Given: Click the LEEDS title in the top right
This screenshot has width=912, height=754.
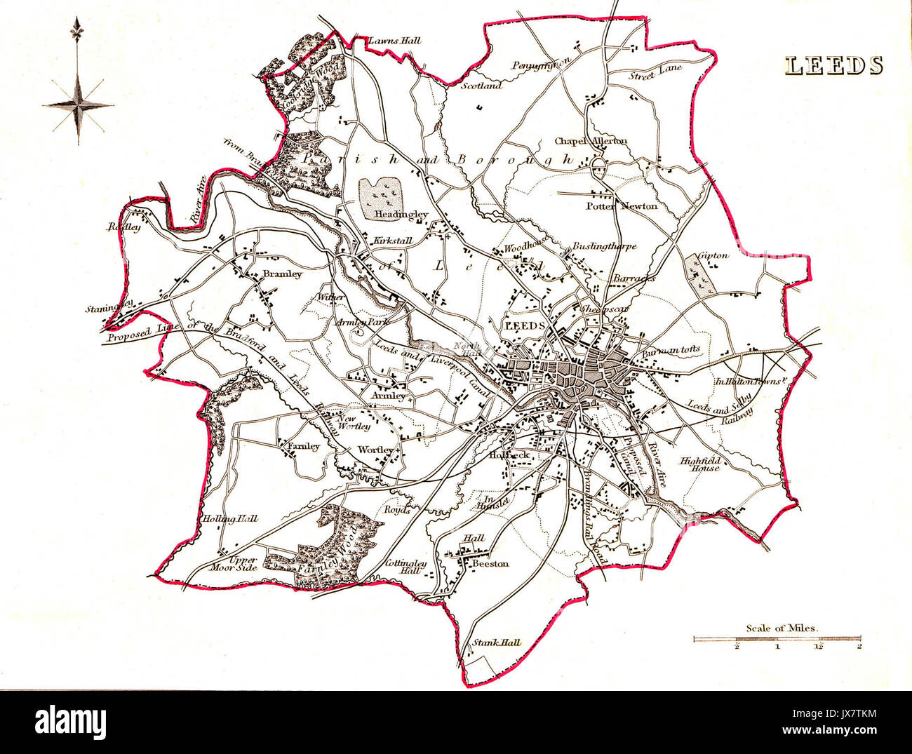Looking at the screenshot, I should [833, 65].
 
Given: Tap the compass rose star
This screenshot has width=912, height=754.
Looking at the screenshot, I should [78, 105].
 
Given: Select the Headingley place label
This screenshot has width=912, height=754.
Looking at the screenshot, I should [401, 215].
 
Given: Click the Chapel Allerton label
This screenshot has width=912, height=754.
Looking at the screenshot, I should [591, 141].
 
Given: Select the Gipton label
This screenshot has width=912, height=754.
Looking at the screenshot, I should [713, 255].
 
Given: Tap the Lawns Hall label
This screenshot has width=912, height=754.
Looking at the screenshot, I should [394, 41].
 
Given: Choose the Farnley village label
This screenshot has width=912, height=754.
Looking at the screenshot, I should [302, 446].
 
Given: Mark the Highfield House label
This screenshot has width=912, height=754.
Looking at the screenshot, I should [699, 464].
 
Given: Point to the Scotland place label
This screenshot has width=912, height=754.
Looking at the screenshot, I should [481, 86].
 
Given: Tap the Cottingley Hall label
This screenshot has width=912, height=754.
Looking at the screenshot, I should [403, 567].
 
